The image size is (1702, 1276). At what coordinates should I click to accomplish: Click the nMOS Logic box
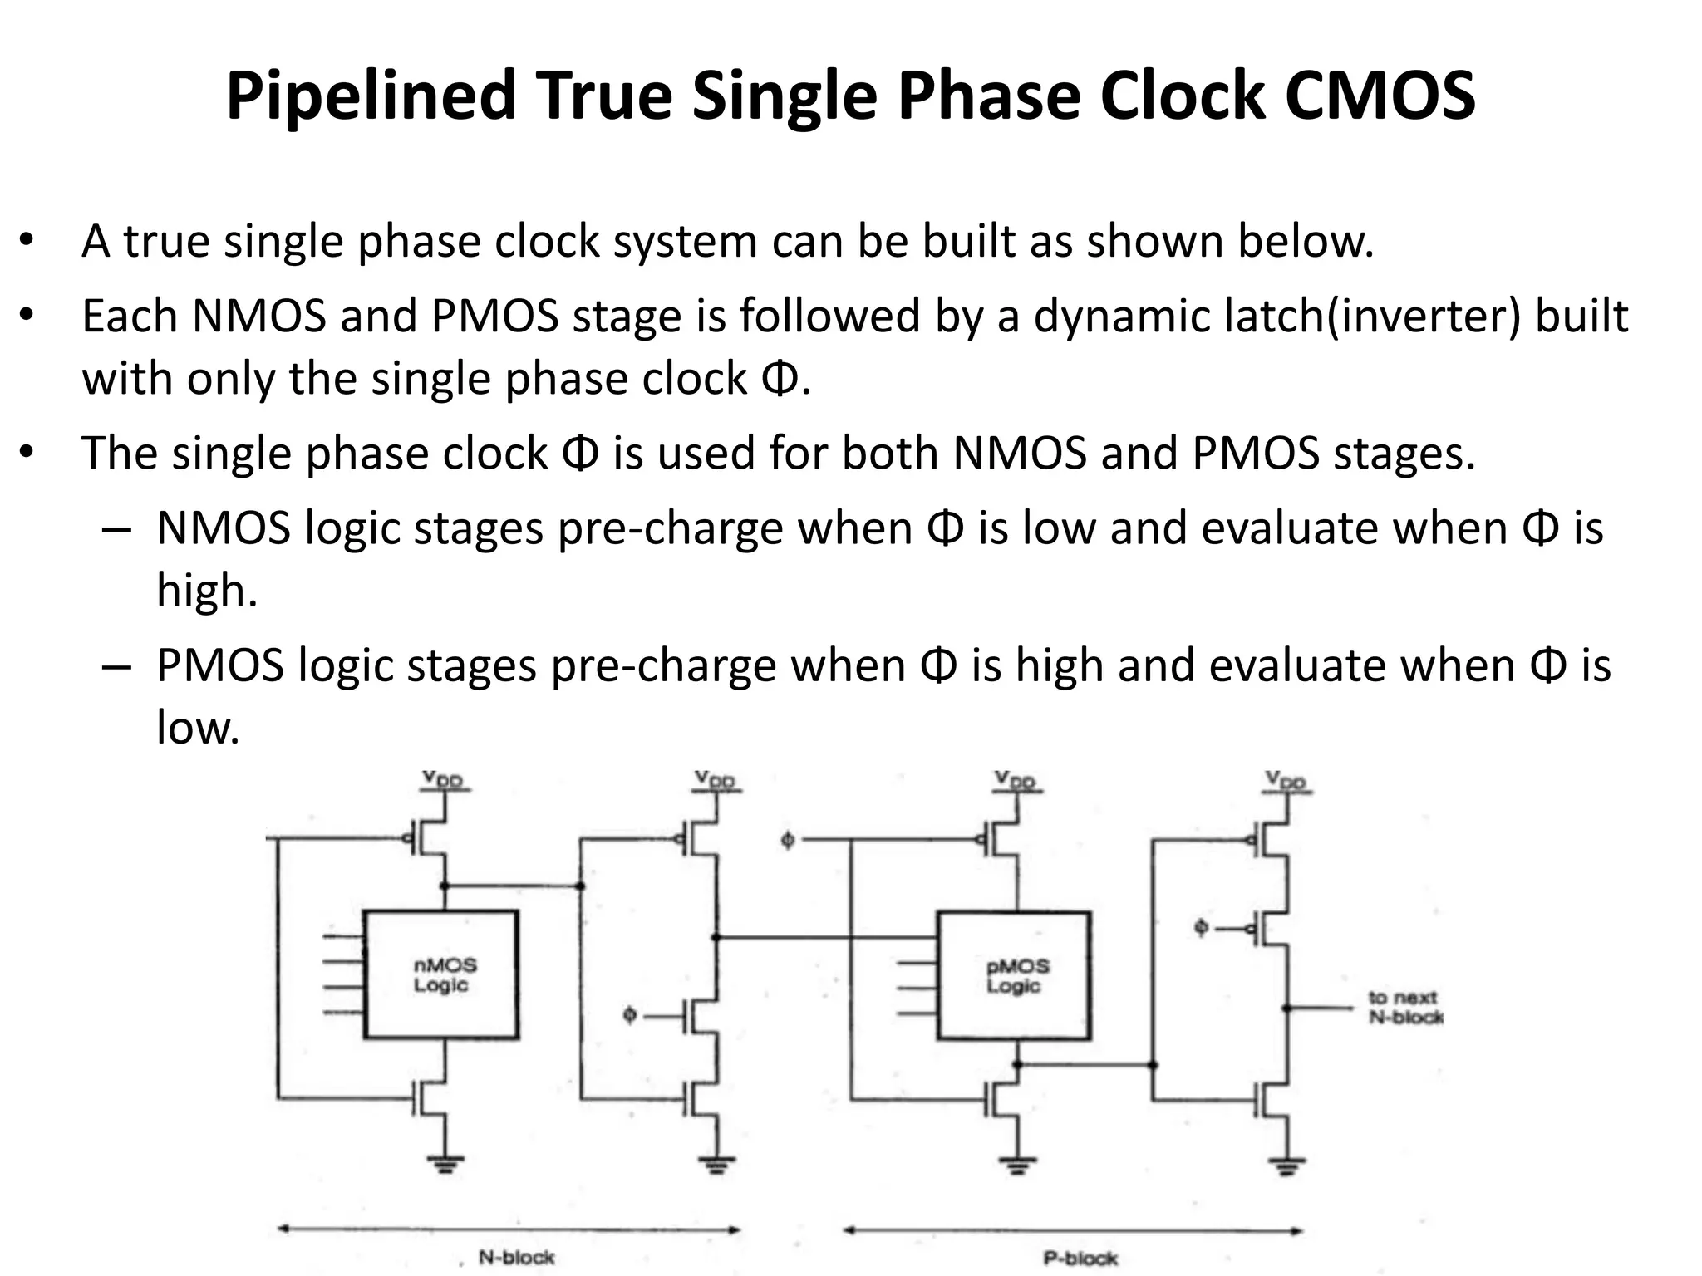point(441,974)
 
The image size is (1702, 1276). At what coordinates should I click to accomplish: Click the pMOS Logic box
point(1014,975)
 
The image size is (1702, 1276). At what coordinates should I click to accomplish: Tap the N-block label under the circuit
point(516,1257)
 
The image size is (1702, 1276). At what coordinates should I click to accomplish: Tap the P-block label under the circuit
point(1080,1259)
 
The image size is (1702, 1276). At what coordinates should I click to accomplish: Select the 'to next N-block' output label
point(1404,1007)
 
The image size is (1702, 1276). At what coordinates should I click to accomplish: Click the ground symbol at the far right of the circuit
point(1286,1166)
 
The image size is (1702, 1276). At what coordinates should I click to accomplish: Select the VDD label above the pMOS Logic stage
point(1016,781)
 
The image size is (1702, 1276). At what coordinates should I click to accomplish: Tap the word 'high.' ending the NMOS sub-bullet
point(207,591)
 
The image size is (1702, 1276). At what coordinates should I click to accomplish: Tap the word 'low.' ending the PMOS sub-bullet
point(198,728)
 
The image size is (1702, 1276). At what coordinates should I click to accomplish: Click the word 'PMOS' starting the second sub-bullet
point(220,665)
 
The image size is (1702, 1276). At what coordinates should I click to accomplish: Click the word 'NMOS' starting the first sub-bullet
point(224,528)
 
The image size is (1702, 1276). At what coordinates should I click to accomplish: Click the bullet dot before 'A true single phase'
point(27,240)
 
